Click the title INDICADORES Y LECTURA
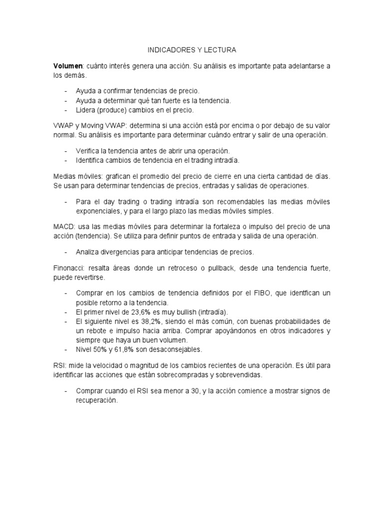click(192, 51)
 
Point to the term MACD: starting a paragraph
click(64, 227)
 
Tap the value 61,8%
click(123, 349)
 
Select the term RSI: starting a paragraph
click(60, 365)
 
